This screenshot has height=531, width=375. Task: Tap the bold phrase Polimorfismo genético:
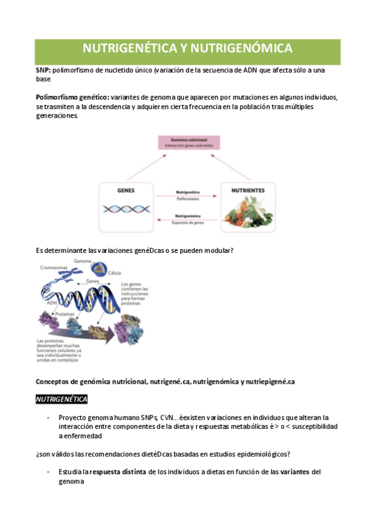(72, 98)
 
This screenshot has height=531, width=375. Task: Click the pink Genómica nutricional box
(188, 142)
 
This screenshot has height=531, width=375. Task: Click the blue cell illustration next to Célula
(98, 268)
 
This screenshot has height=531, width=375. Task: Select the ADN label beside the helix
(53, 302)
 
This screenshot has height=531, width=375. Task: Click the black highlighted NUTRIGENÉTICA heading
(61, 399)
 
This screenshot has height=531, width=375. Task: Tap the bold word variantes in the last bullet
(290, 472)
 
